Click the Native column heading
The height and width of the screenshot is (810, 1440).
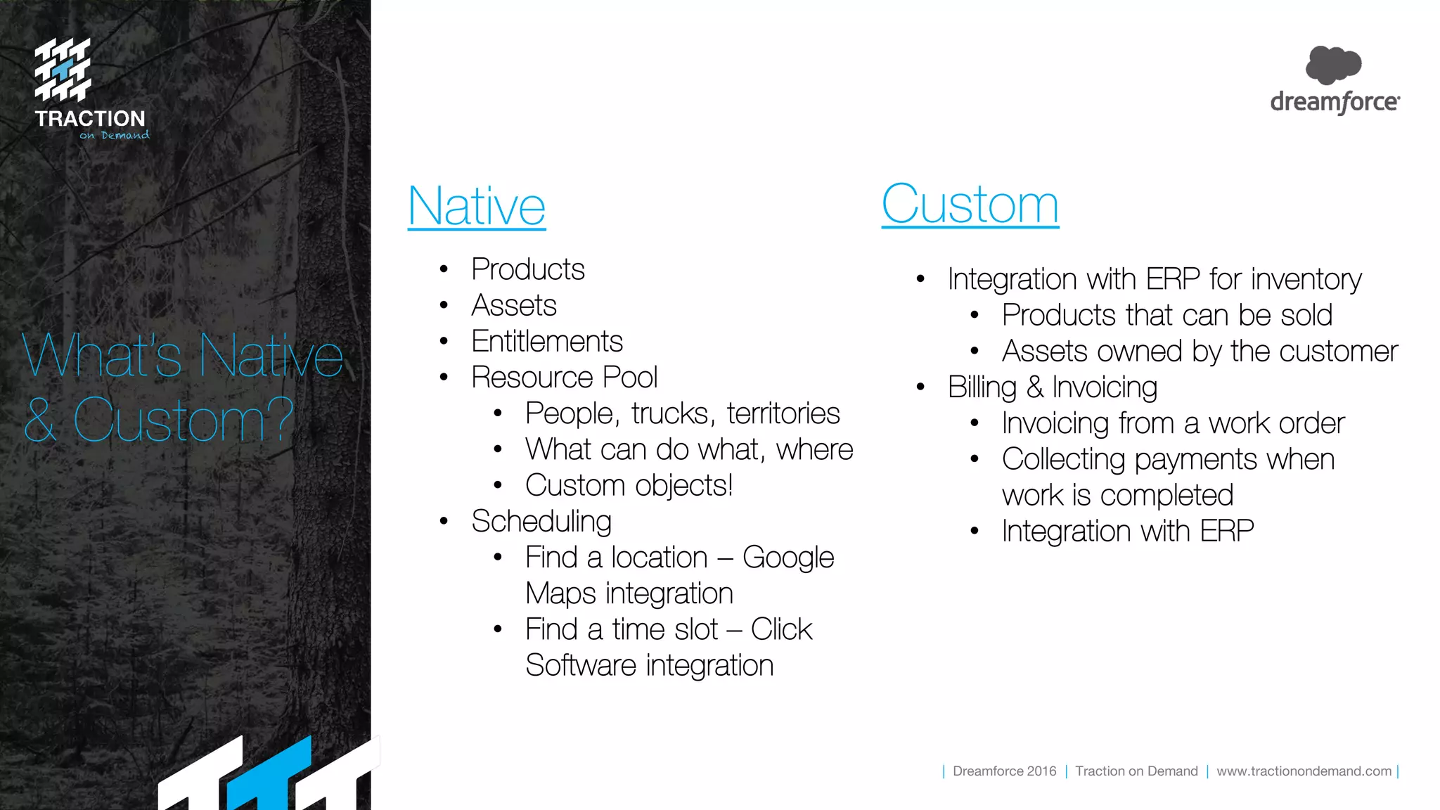pyautogui.click(x=477, y=206)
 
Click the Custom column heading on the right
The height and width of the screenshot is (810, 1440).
pyautogui.click(x=970, y=205)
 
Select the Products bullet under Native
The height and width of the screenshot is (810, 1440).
pyautogui.click(x=527, y=269)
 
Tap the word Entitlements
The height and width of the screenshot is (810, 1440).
pyautogui.click(x=547, y=342)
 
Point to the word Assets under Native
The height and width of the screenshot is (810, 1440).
pyautogui.click(x=514, y=306)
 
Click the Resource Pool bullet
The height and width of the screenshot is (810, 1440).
pyautogui.click(x=564, y=378)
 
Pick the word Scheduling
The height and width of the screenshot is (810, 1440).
pyautogui.click(x=541, y=522)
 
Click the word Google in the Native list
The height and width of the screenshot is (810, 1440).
pyautogui.click(x=788, y=558)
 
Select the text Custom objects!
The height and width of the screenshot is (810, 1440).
pyautogui.click(x=629, y=486)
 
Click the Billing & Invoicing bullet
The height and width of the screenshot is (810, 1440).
pyautogui.click(x=1052, y=387)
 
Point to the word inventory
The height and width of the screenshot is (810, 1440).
pyautogui.click(x=1306, y=280)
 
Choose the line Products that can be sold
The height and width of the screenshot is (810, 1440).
pyautogui.click(x=1166, y=315)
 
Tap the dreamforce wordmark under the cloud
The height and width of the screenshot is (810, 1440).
pyautogui.click(x=1335, y=103)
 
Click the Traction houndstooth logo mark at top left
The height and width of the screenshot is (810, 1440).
pyautogui.click(x=63, y=69)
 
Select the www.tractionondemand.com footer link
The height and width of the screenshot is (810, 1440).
pyautogui.click(x=1304, y=771)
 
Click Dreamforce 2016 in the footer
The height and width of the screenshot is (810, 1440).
pyautogui.click(x=1004, y=771)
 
